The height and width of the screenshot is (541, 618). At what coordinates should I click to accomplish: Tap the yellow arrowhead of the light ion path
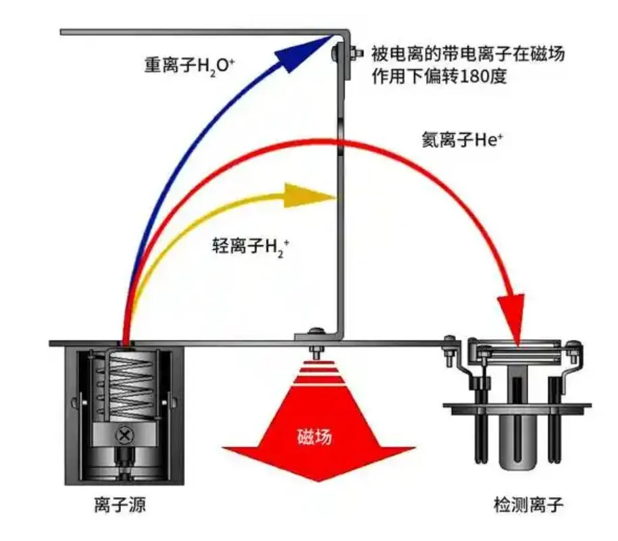pos(312,195)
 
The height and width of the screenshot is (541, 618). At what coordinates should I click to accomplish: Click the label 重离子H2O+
pos(189,64)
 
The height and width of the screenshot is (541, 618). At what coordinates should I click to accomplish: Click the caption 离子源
pos(121,505)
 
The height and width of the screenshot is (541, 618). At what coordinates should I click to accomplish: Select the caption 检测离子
pos(527,505)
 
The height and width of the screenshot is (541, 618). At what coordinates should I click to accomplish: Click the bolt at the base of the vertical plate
pos(315,334)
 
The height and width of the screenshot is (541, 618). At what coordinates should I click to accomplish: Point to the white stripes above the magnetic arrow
pos(317,376)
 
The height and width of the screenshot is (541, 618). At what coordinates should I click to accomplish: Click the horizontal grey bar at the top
pos(196,32)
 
